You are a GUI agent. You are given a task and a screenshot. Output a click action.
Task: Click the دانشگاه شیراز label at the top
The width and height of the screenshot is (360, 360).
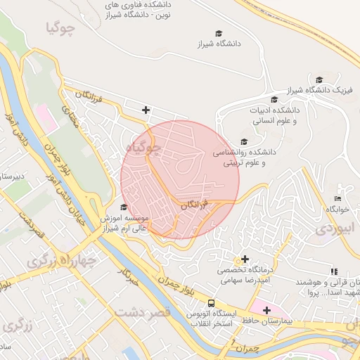tap(220, 44)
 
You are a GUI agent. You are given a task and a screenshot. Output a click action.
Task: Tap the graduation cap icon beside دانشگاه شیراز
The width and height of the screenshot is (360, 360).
tap(219, 33)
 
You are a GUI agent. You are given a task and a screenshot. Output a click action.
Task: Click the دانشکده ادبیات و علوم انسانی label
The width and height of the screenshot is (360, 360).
tap(275, 116)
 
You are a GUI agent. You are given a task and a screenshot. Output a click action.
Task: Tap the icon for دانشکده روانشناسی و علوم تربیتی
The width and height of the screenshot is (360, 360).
tap(244, 141)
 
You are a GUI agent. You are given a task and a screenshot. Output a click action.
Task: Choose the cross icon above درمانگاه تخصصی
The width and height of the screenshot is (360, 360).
tap(245, 259)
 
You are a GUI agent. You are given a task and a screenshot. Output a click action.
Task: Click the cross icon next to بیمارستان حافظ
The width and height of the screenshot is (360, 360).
tap(266, 309)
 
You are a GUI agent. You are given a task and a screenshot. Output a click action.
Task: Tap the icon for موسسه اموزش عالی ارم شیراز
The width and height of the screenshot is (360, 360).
tap(124, 207)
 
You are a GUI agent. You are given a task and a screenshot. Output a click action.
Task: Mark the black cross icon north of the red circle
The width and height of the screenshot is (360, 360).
tap(146, 110)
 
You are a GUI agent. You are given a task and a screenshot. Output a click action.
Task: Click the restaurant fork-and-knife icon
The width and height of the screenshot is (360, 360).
tap(333, 271)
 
